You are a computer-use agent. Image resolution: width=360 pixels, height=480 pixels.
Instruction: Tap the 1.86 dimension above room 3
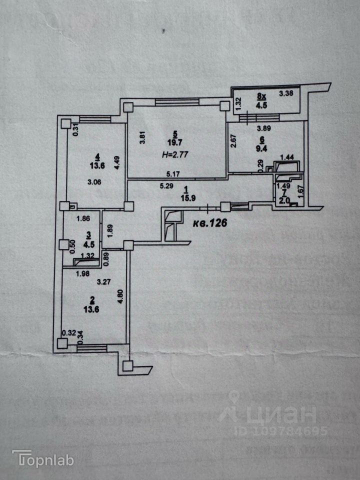[x=83, y=218]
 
